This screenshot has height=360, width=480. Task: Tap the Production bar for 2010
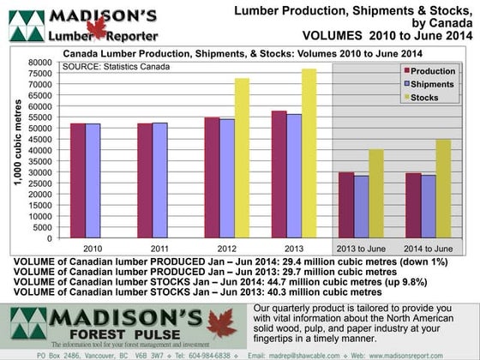pyautogui.click(x=78, y=180)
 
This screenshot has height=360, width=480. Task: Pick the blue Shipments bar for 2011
pyautogui.click(x=159, y=180)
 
